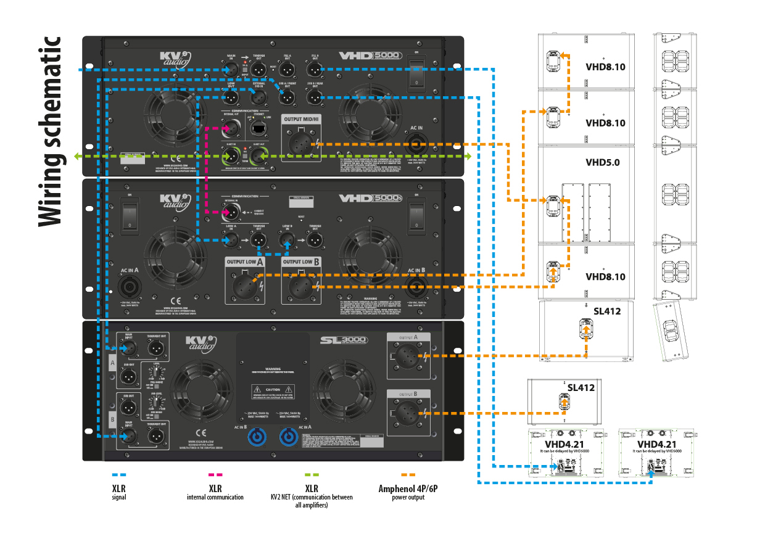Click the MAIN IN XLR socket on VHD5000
point(231,71)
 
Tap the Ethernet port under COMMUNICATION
point(257,128)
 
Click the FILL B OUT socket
point(313,70)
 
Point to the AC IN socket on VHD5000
point(417,145)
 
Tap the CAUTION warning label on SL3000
point(273,390)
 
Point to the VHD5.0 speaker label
point(602,163)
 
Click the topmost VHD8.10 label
point(605,67)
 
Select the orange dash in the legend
point(407,475)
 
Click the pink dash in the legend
point(215,475)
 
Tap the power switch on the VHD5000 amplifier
point(418,73)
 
